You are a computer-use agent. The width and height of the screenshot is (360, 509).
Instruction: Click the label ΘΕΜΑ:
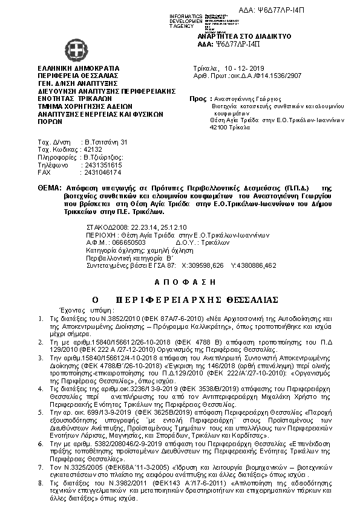pos(48,189)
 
